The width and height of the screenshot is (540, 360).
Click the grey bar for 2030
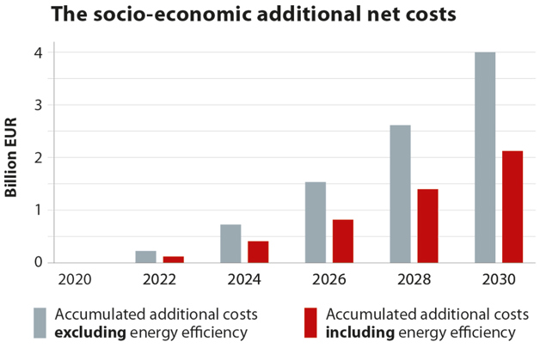(x=485, y=157)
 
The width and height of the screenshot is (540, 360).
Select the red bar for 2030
(x=512, y=206)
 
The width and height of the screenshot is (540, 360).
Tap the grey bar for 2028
(x=400, y=193)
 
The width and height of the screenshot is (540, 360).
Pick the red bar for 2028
(x=427, y=225)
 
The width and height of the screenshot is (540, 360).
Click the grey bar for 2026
(x=315, y=222)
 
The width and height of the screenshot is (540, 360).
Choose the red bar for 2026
(x=342, y=241)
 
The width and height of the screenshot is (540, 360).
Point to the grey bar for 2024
(x=230, y=243)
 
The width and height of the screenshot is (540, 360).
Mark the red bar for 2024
(x=258, y=252)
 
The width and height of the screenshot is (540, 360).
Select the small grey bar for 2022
(x=146, y=256)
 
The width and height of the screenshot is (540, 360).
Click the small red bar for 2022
(x=173, y=259)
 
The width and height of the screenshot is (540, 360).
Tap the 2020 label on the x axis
(x=74, y=278)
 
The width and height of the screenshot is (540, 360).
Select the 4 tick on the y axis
(x=39, y=52)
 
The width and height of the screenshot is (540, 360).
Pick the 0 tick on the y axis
(x=39, y=262)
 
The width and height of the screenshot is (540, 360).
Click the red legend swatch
(x=311, y=323)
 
